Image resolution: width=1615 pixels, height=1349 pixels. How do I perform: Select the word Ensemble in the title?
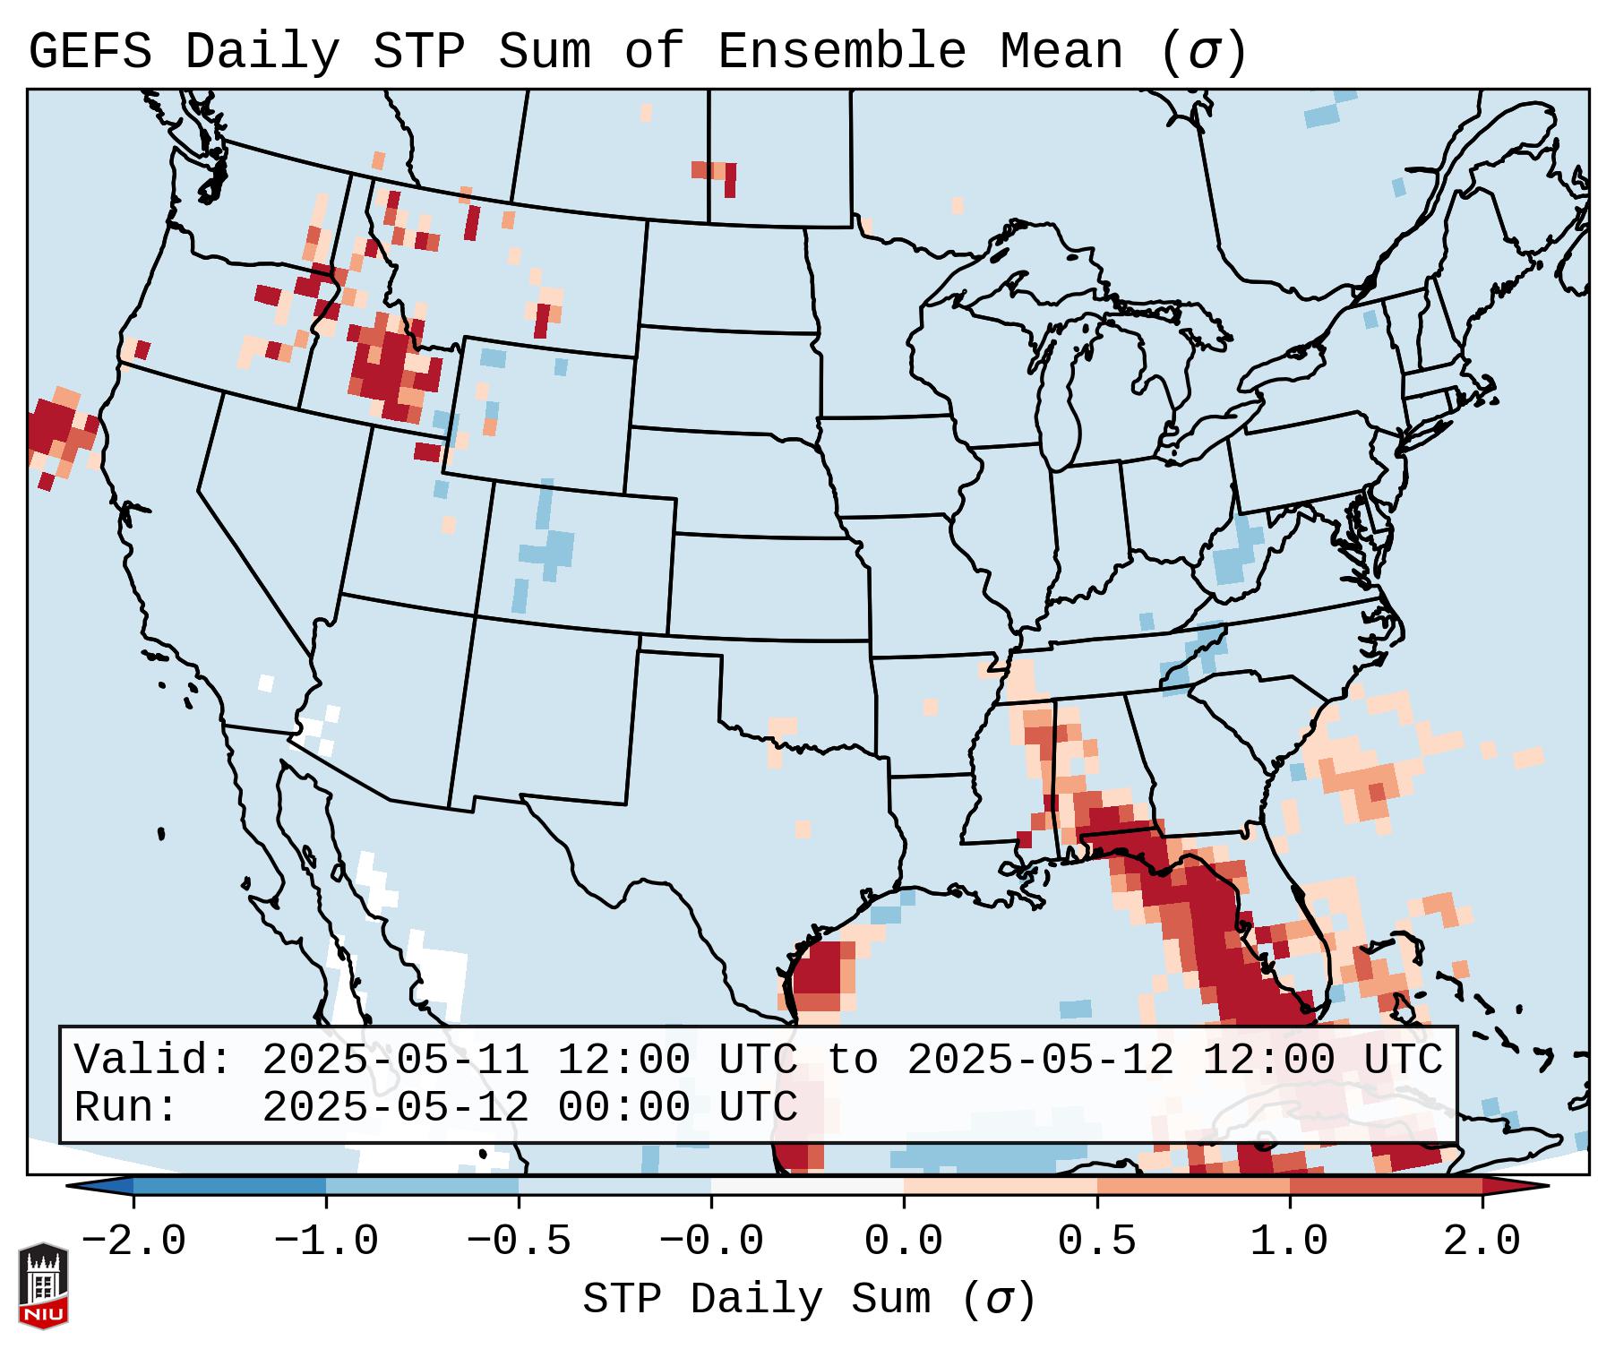tap(842, 52)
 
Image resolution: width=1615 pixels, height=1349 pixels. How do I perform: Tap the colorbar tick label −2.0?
tap(133, 1242)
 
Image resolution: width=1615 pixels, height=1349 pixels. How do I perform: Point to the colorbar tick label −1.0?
tap(325, 1242)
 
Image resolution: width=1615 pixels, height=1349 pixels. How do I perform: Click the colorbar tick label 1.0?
tap(1289, 1242)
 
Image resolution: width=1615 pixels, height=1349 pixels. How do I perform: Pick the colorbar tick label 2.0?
tap(1482, 1242)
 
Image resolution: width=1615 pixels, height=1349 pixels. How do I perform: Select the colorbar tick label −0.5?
tap(519, 1242)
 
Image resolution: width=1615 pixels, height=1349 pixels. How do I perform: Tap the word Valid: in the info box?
tap(153, 1061)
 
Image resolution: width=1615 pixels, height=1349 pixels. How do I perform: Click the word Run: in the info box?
tap(126, 1108)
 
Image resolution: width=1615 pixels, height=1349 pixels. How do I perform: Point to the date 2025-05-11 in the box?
tap(395, 1061)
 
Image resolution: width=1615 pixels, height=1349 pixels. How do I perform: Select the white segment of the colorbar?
tap(807, 1186)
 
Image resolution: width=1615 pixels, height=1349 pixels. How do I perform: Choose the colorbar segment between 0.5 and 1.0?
tap(1193, 1186)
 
